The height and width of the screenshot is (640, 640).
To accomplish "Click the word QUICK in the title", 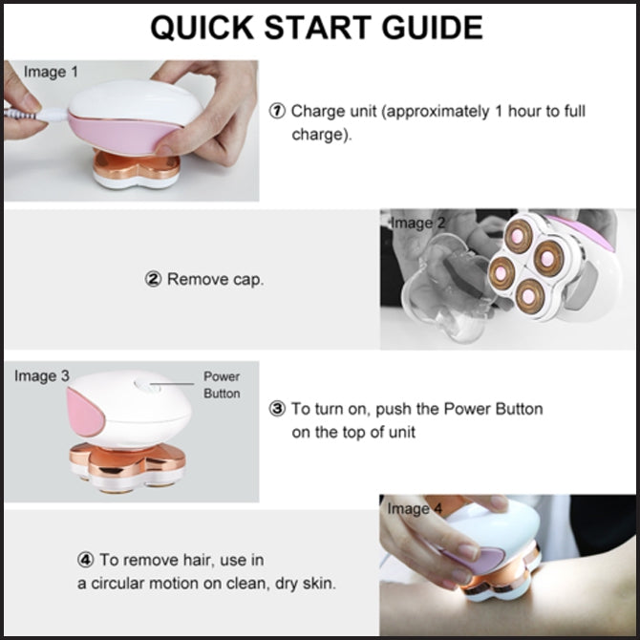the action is [x=203, y=28].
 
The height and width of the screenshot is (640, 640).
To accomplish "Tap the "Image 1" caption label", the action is [x=51, y=72].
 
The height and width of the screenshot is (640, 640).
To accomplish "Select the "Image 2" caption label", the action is [x=417, y=224].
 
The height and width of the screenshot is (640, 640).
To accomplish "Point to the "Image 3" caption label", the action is [x=42, y=376].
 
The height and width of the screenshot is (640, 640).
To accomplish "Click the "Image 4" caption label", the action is [x=415, y=508].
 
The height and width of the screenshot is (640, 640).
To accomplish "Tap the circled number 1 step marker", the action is [x=277, y=111].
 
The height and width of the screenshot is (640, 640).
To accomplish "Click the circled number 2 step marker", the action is [x=153, y=279].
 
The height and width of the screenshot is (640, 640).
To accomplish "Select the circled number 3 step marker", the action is [x=277, y=409].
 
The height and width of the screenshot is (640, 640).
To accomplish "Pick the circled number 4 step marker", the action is [x=86, y=560].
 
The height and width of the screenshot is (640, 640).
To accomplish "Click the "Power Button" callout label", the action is [x=222, y=385].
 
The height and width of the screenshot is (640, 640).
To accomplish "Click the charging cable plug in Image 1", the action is [x=53, y=116].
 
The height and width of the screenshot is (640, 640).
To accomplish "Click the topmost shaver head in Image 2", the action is [x=518, y=236].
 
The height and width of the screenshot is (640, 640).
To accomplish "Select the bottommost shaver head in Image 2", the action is [x=529, y=297].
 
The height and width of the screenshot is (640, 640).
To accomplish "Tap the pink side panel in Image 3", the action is [x=85, y=413].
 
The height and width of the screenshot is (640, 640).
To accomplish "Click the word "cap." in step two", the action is [x=248, y=280].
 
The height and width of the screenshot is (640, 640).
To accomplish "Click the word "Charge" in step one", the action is [x=313, y=112].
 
